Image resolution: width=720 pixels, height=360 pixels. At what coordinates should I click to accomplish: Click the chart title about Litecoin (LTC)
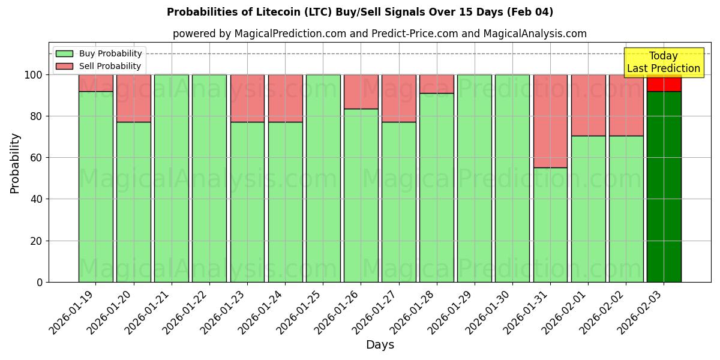coord(360,12)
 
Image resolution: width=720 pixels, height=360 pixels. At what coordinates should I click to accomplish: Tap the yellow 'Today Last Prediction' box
coord(663,62)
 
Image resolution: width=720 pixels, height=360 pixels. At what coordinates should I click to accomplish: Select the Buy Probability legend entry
coord(98,53)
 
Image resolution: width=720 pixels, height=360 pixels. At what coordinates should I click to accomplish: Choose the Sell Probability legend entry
coord(98,66)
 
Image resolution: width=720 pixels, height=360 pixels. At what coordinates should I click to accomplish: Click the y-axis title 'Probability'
coord(15,163)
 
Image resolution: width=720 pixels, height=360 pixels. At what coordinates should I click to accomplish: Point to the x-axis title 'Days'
coord(380,345)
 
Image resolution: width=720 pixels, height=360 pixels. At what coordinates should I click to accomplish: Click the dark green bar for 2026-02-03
coord(664,186)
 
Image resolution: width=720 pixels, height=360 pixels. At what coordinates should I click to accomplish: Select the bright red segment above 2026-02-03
coord(664,83)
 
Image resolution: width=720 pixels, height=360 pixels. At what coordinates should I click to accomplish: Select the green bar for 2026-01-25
coord(323,178)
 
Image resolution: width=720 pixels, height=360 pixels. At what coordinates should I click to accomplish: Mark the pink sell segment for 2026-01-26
coord(361,92)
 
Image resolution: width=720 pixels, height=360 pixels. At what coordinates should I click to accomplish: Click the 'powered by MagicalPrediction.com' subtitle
coord(380,34)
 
